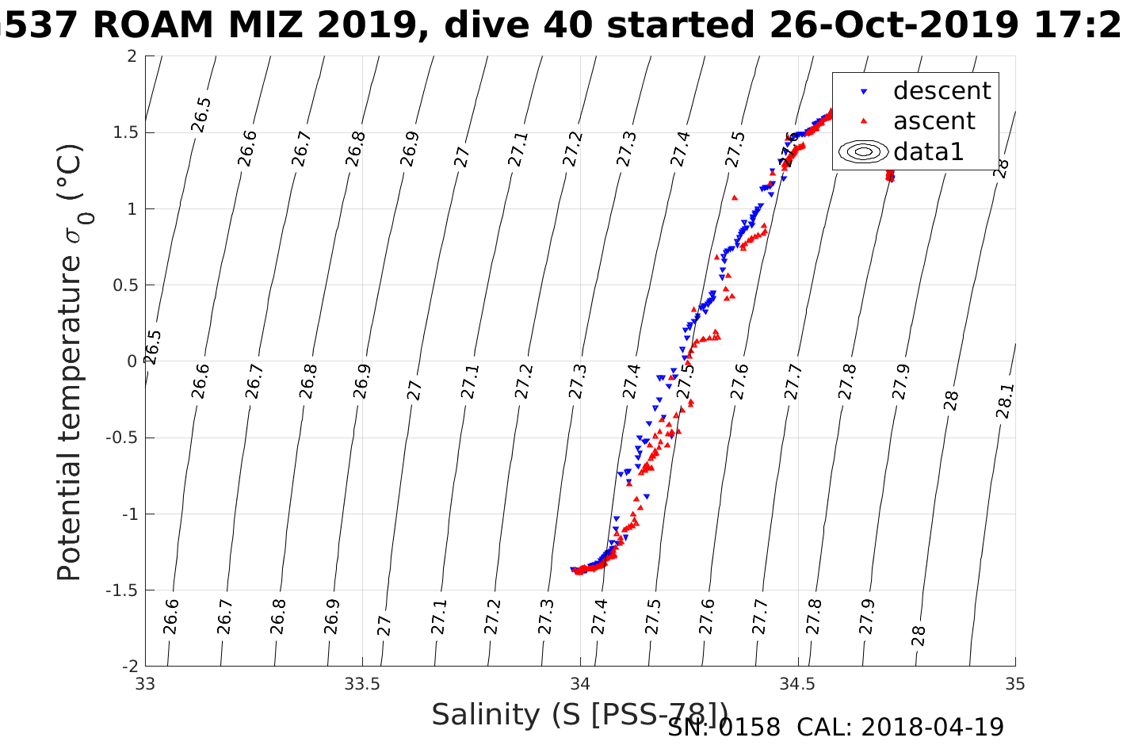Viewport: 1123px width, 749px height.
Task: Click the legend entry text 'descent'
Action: click(942, 91)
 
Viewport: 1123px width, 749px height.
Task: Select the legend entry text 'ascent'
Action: click(934, 121)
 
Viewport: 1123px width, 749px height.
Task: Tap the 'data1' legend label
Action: click(928, 151)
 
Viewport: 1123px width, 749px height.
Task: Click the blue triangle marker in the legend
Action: click(864, 92)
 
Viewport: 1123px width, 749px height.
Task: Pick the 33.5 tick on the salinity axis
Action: click(363, 684)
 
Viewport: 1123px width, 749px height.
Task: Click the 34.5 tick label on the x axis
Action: click(797, 684)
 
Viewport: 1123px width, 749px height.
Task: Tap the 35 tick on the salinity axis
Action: click(1014, 684)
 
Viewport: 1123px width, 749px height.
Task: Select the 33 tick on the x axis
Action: click(145, 684)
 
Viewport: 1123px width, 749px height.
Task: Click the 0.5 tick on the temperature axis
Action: click(124, 285)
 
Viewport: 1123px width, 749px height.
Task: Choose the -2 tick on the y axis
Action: click(128, 667)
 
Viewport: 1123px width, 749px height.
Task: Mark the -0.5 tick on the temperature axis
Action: click(121, 438)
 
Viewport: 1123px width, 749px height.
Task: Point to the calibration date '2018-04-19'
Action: click(932, 727)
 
